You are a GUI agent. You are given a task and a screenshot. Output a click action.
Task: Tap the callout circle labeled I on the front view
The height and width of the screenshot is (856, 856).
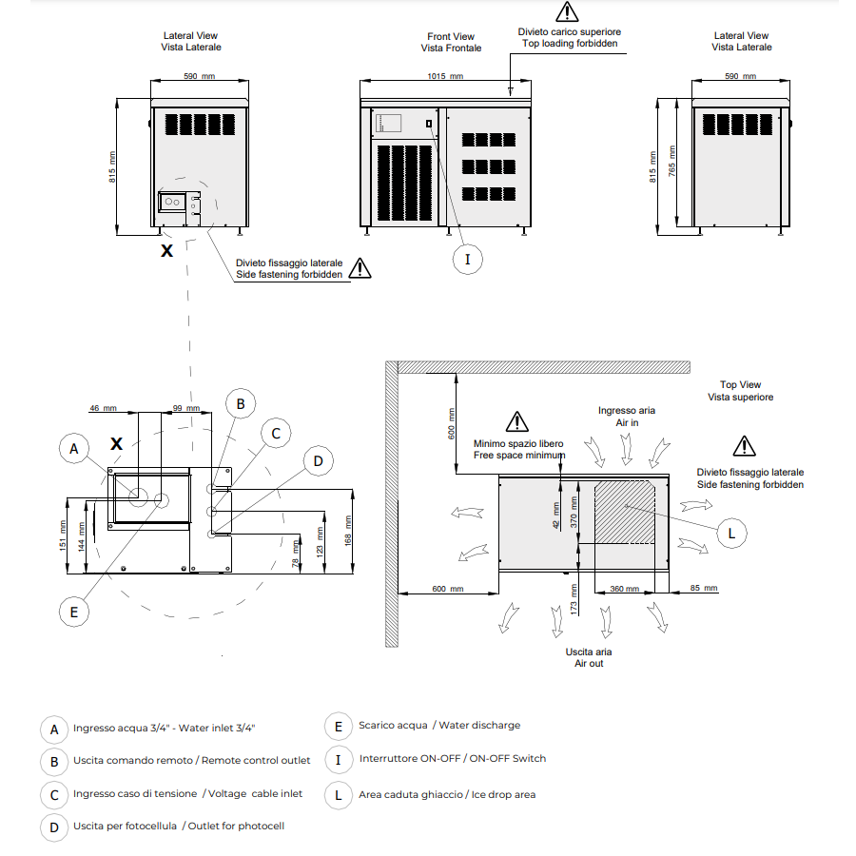(x=467, y=258)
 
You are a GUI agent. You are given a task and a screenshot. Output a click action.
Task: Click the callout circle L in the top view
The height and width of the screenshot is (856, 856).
(x=730, y=533)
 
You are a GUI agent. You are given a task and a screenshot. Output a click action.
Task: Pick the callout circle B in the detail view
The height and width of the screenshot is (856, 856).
(x=241, y=404)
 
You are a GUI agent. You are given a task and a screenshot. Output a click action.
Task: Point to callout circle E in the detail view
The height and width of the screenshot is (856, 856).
(x=74, y=612)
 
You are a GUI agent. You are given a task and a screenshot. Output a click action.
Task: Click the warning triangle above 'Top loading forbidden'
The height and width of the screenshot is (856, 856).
(x=567, y=12)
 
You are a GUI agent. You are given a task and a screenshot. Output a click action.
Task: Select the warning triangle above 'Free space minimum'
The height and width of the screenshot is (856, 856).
(x=516, y=421)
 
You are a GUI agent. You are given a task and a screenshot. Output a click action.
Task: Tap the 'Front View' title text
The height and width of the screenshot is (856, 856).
(x=451, y=37)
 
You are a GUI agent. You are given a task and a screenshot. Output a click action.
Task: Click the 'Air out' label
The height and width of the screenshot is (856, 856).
(x=589, y=663)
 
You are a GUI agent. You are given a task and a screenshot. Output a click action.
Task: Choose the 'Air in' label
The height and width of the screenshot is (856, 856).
(x=627, y=422)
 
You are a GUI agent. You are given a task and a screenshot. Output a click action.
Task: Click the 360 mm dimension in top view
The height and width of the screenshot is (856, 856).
(x=624, y=590)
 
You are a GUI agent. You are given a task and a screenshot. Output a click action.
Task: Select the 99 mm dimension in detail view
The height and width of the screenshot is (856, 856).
(x=186, y=408)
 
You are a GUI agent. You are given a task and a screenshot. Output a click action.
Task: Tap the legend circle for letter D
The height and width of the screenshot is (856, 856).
(x=54, y=827)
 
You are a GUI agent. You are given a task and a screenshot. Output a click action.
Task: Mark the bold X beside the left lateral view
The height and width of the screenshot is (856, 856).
(x=167, y=251)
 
